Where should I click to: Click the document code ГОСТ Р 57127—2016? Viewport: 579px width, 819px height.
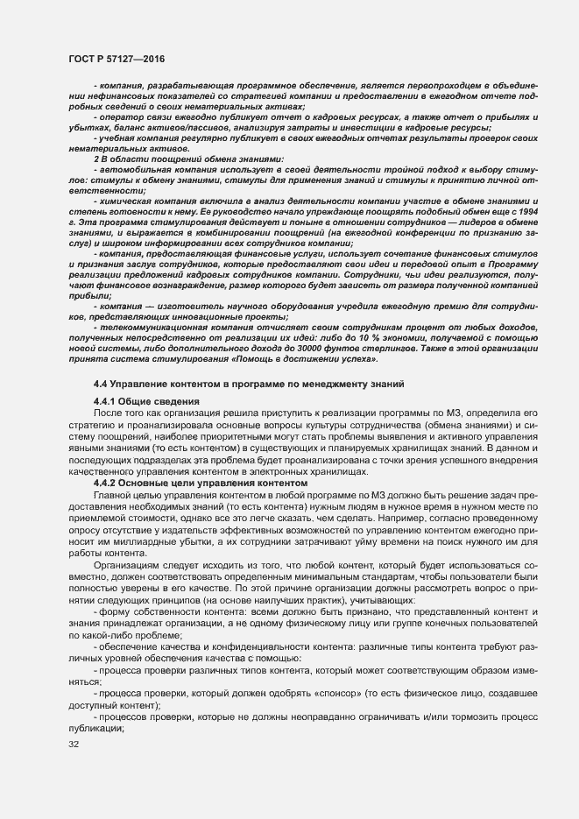click(x=117, y=59)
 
